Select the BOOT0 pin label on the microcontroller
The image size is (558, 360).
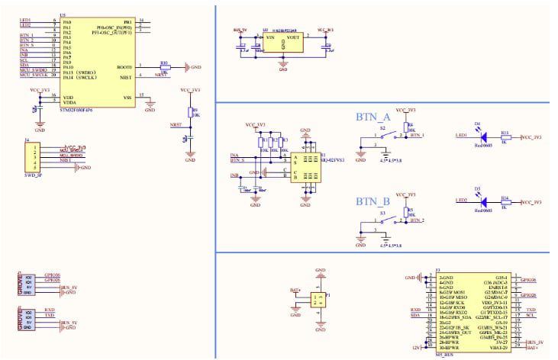[125, 66]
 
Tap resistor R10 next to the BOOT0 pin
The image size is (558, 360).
[163, 67]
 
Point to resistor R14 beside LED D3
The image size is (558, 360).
[505, 201]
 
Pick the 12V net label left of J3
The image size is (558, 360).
[414, 346]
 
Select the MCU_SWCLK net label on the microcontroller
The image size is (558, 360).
[34, 75]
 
